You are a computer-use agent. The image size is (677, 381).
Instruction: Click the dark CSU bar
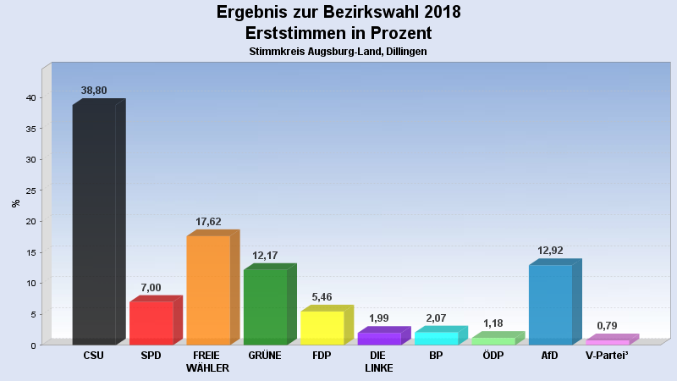pos(94,224)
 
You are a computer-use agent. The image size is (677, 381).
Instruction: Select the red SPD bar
pos(151,323)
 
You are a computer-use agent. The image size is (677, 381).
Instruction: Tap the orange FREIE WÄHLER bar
pos(208,290)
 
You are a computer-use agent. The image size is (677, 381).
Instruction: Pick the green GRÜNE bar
pos(265,306)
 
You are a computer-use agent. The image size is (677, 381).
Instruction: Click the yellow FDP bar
pos(322,328)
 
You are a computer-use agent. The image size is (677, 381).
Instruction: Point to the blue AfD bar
pos(550,304)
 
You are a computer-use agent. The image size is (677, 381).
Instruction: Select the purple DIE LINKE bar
pos(379,338)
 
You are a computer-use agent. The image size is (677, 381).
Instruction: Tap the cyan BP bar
pos(436,338)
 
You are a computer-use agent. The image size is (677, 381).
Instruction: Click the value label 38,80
pos(94,91)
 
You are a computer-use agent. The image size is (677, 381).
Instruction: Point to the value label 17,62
pos(208,222)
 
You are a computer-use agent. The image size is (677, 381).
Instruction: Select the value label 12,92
pos(550,251)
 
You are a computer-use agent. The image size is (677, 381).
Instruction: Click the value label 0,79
pos(607,326)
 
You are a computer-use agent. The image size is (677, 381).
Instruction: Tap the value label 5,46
pos(322,297)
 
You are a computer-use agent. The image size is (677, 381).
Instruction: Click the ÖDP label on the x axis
pos(493,356)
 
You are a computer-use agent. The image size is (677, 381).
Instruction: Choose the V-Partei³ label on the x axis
pos(607,356)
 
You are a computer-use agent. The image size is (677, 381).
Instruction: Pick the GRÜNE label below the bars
pos(265,356)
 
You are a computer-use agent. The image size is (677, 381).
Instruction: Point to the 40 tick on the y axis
pos(30,97)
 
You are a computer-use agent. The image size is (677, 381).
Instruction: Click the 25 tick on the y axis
pos(30,190)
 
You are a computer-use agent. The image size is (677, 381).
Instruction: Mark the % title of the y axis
pos(15,203)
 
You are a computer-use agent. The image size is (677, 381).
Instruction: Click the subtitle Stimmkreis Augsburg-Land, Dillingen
pos(338,52)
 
